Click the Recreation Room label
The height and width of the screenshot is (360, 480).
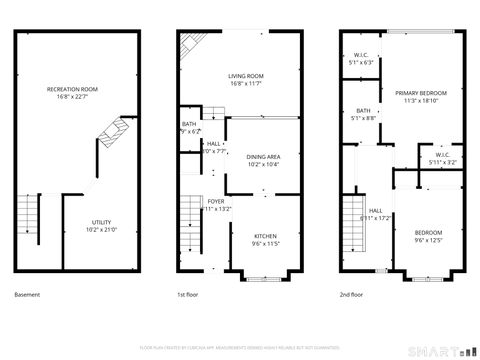(78, 90)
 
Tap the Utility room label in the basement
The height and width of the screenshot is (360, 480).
(102, 222)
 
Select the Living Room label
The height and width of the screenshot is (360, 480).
(245, 76)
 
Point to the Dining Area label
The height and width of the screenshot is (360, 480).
(262, 157)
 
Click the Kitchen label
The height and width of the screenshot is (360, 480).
(264, 236)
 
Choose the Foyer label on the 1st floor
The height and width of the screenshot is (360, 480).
(216, 202)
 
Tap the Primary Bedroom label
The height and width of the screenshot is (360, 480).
(419, 93)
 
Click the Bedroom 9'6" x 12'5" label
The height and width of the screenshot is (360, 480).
(428, 232)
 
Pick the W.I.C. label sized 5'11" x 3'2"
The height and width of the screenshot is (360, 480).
(442, 155)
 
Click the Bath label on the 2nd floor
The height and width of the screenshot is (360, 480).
(363, 111)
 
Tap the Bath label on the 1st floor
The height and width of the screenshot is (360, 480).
(189, 124)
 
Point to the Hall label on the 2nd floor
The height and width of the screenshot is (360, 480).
(375, 211)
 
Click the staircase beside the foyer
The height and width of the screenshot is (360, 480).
(191, 225)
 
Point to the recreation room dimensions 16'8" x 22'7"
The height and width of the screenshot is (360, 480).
(78, 98)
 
